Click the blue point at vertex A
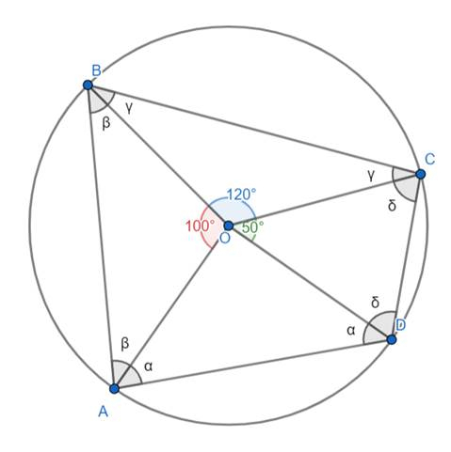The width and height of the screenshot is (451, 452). point(115,388)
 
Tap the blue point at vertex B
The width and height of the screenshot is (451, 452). point(89,85)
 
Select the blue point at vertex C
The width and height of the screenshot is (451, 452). point(420,174)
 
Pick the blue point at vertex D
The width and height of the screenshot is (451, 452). point(392,339)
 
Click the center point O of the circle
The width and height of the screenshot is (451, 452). point(228,226)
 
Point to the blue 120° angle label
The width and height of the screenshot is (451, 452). point(241,195)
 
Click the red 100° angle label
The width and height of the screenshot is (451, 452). point(201,226)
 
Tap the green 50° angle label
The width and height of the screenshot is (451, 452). point(252,227)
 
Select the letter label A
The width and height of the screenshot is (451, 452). point(104,412)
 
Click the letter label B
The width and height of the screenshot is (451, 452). point(97,70)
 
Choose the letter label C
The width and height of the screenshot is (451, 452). point(429,160)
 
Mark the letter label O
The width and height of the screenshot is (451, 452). point(225,239)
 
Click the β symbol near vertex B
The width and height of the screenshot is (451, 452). point(106,123)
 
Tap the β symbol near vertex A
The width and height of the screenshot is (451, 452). point(124,344)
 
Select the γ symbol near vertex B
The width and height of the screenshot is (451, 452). point(129,108)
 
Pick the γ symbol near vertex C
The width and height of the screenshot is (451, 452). point(371,176)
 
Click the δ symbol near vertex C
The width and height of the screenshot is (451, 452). point(392,205)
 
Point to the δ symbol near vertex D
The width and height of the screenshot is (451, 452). point(376,303)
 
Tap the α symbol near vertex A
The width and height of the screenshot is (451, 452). point(149,366)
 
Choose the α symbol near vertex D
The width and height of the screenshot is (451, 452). point(351,330)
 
